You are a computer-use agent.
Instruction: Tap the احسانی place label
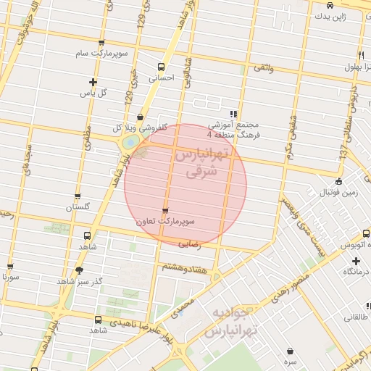tap(162, 78)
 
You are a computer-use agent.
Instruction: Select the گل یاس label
tap(92, 93)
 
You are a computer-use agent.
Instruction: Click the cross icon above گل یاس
tap(92, 82)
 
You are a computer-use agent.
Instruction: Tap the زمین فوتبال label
tap(338, 193)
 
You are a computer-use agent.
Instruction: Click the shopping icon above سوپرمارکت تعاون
tap(167, 211)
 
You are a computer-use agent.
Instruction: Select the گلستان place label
tap(79, 208)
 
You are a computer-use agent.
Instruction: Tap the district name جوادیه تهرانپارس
tap(230, 324)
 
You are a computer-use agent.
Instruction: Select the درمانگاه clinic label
tap(357, 271)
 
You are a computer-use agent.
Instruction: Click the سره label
tap(291, 361)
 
